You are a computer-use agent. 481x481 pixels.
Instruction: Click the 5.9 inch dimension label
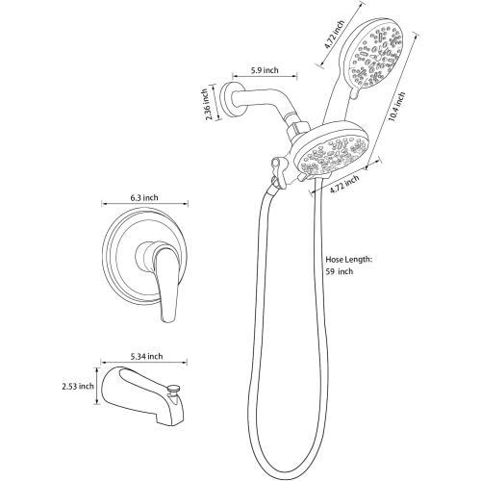(265, 70)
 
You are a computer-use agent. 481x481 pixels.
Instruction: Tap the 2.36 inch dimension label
(208, 104)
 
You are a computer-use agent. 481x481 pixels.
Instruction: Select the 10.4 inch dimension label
(396, 107)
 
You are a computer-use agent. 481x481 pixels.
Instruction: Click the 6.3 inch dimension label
(144, 197)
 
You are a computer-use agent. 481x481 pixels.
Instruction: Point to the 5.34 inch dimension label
(146, 356)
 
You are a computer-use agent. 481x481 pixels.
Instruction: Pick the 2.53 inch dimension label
(78, 386)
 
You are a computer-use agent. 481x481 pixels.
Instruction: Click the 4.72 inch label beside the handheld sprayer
(335, 35)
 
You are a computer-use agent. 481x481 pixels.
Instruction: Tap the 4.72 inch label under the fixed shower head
(344, 184)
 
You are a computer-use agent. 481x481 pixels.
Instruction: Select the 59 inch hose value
(340, 271)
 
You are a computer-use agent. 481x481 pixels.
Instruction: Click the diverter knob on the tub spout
(174, 390)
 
